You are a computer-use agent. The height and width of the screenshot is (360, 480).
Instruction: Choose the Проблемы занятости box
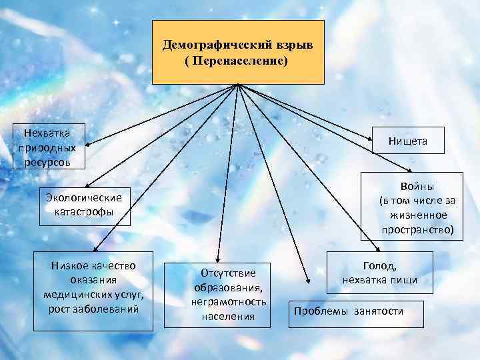(x=349, y=311)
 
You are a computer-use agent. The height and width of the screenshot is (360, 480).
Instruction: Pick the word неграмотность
(x=229, y=302)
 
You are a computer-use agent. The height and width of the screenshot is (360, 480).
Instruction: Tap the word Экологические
(x=84, y=197)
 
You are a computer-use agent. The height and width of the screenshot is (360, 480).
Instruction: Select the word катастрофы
(x=84, y=212)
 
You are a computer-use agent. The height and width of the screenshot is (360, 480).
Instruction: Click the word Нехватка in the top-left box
(x=47, y=133)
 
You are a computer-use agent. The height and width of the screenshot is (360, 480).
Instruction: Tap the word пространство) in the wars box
(x=418, y=229)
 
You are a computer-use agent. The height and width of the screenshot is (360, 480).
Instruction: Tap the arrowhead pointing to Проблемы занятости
(x=306, y=280)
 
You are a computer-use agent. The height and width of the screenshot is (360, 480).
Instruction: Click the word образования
(x=229, y=287)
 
